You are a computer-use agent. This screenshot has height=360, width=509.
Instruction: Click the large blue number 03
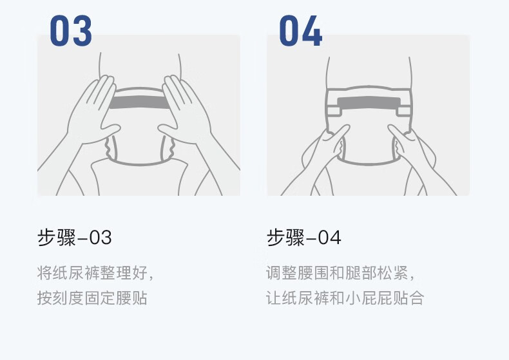[71, 30]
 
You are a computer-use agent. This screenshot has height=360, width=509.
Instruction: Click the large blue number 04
[301, 30]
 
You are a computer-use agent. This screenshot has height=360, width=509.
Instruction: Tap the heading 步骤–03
[75, 237]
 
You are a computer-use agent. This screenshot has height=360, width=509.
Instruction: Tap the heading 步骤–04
[304, 237]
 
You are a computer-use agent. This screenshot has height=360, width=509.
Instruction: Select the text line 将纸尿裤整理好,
[95, 272]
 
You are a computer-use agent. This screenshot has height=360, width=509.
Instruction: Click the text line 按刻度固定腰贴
[92, 298]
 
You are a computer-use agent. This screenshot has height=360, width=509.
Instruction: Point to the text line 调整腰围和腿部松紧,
[341, 272]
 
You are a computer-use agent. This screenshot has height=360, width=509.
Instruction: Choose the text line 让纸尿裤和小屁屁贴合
[345, 298]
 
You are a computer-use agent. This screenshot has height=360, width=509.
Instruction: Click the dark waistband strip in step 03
[139, 102]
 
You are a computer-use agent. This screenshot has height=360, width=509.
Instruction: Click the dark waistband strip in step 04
[369, 103]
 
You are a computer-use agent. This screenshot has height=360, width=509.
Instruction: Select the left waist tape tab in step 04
[334, 111]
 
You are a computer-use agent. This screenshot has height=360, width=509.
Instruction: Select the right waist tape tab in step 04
[403, 111]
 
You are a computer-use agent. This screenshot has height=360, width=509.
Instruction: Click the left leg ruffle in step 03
[110, 147]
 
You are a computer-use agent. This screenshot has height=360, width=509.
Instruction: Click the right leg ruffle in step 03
[168, 147]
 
